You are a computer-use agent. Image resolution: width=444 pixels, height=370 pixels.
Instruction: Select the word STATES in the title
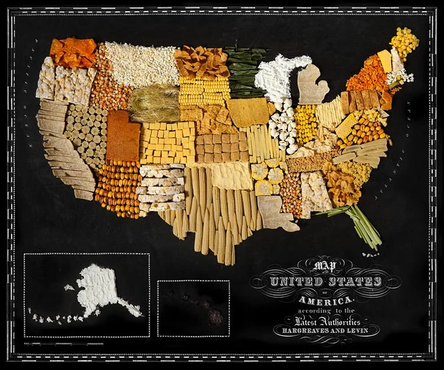point(353,281)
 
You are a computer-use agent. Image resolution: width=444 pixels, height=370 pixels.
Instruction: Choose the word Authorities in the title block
point(338,320)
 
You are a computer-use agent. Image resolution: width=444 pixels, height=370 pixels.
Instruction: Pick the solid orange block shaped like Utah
point(122,136)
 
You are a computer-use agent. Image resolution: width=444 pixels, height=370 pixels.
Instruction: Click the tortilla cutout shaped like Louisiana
point(272,213)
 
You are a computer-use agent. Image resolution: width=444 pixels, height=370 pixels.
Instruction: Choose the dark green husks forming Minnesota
point(243,72)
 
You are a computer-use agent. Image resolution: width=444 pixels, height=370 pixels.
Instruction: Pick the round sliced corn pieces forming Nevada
point(86,134)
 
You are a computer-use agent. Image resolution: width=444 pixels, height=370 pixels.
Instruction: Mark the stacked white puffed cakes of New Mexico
point(161,187)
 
